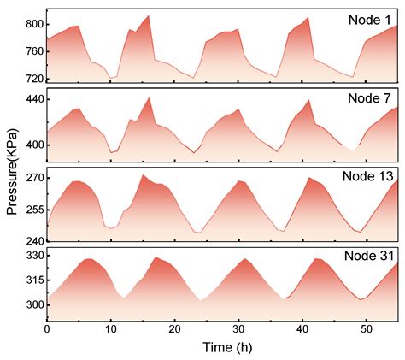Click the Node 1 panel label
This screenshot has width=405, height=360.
370,20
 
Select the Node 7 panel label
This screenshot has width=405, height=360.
370,98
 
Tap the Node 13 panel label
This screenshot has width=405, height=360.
367,176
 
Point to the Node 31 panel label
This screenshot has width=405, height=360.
367,255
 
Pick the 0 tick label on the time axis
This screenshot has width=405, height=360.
47,329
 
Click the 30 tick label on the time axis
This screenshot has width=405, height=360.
238,329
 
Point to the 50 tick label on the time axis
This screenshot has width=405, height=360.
366,329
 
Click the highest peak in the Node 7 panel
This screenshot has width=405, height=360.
150,97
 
